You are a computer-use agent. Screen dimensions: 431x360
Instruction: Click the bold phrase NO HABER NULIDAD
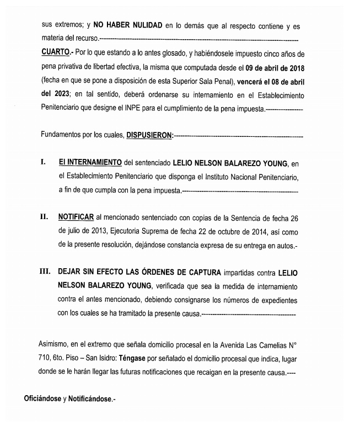pos(128,26)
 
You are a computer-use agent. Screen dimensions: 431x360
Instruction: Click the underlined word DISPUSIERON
pos(149,135)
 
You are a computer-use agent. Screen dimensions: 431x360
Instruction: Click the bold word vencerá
pos(252,81)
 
